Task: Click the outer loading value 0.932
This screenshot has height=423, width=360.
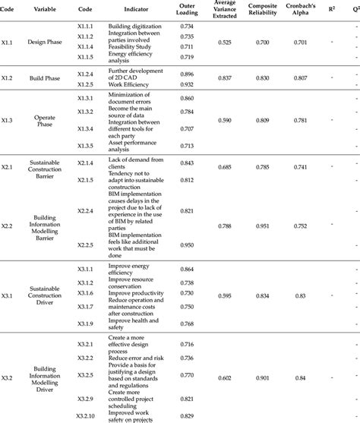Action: [187, 84]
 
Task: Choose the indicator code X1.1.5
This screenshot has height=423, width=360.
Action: [85, 57]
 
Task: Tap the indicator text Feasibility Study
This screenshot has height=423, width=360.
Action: [130, 46]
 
